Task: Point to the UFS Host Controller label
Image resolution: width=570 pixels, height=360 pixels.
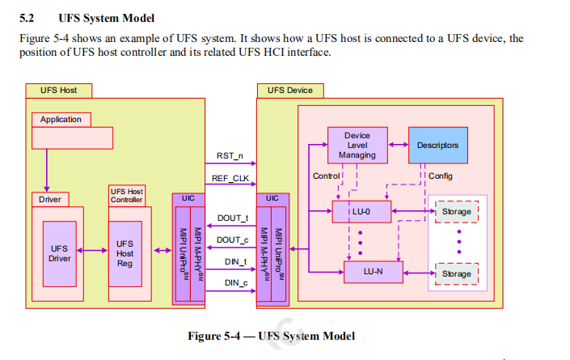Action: point(126,195)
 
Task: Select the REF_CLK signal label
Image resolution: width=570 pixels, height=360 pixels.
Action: point(226,177)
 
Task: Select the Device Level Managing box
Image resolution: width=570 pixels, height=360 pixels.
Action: point(357,146)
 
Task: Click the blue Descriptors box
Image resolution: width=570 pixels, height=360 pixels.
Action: point(437,146)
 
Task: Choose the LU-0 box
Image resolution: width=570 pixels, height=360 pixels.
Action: point(361,213)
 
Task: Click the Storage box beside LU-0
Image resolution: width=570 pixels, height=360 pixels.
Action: point(456,213)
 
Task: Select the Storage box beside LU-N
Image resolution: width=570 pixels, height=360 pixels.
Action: point(456,274)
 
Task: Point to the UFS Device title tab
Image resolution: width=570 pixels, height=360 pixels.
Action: point(289,90)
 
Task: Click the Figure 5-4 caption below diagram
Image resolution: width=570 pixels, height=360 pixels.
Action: point(271,336)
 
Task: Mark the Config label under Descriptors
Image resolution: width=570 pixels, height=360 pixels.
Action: point(440,176)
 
